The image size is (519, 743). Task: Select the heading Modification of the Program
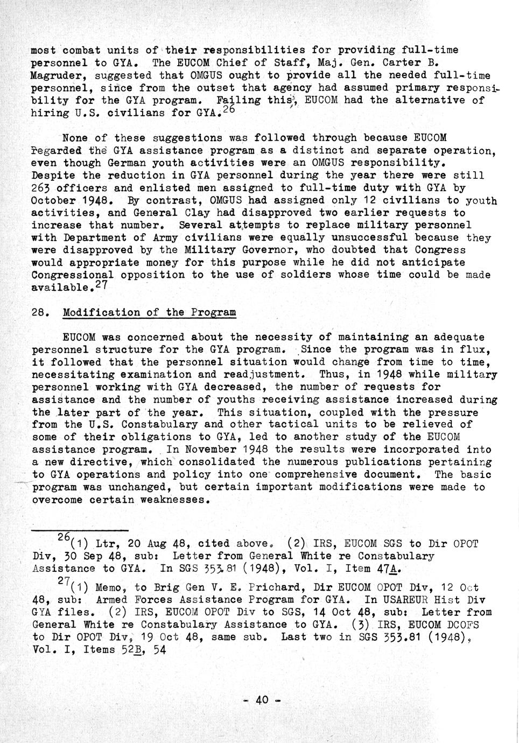pos(149,312)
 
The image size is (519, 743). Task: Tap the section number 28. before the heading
pos(41,312)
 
